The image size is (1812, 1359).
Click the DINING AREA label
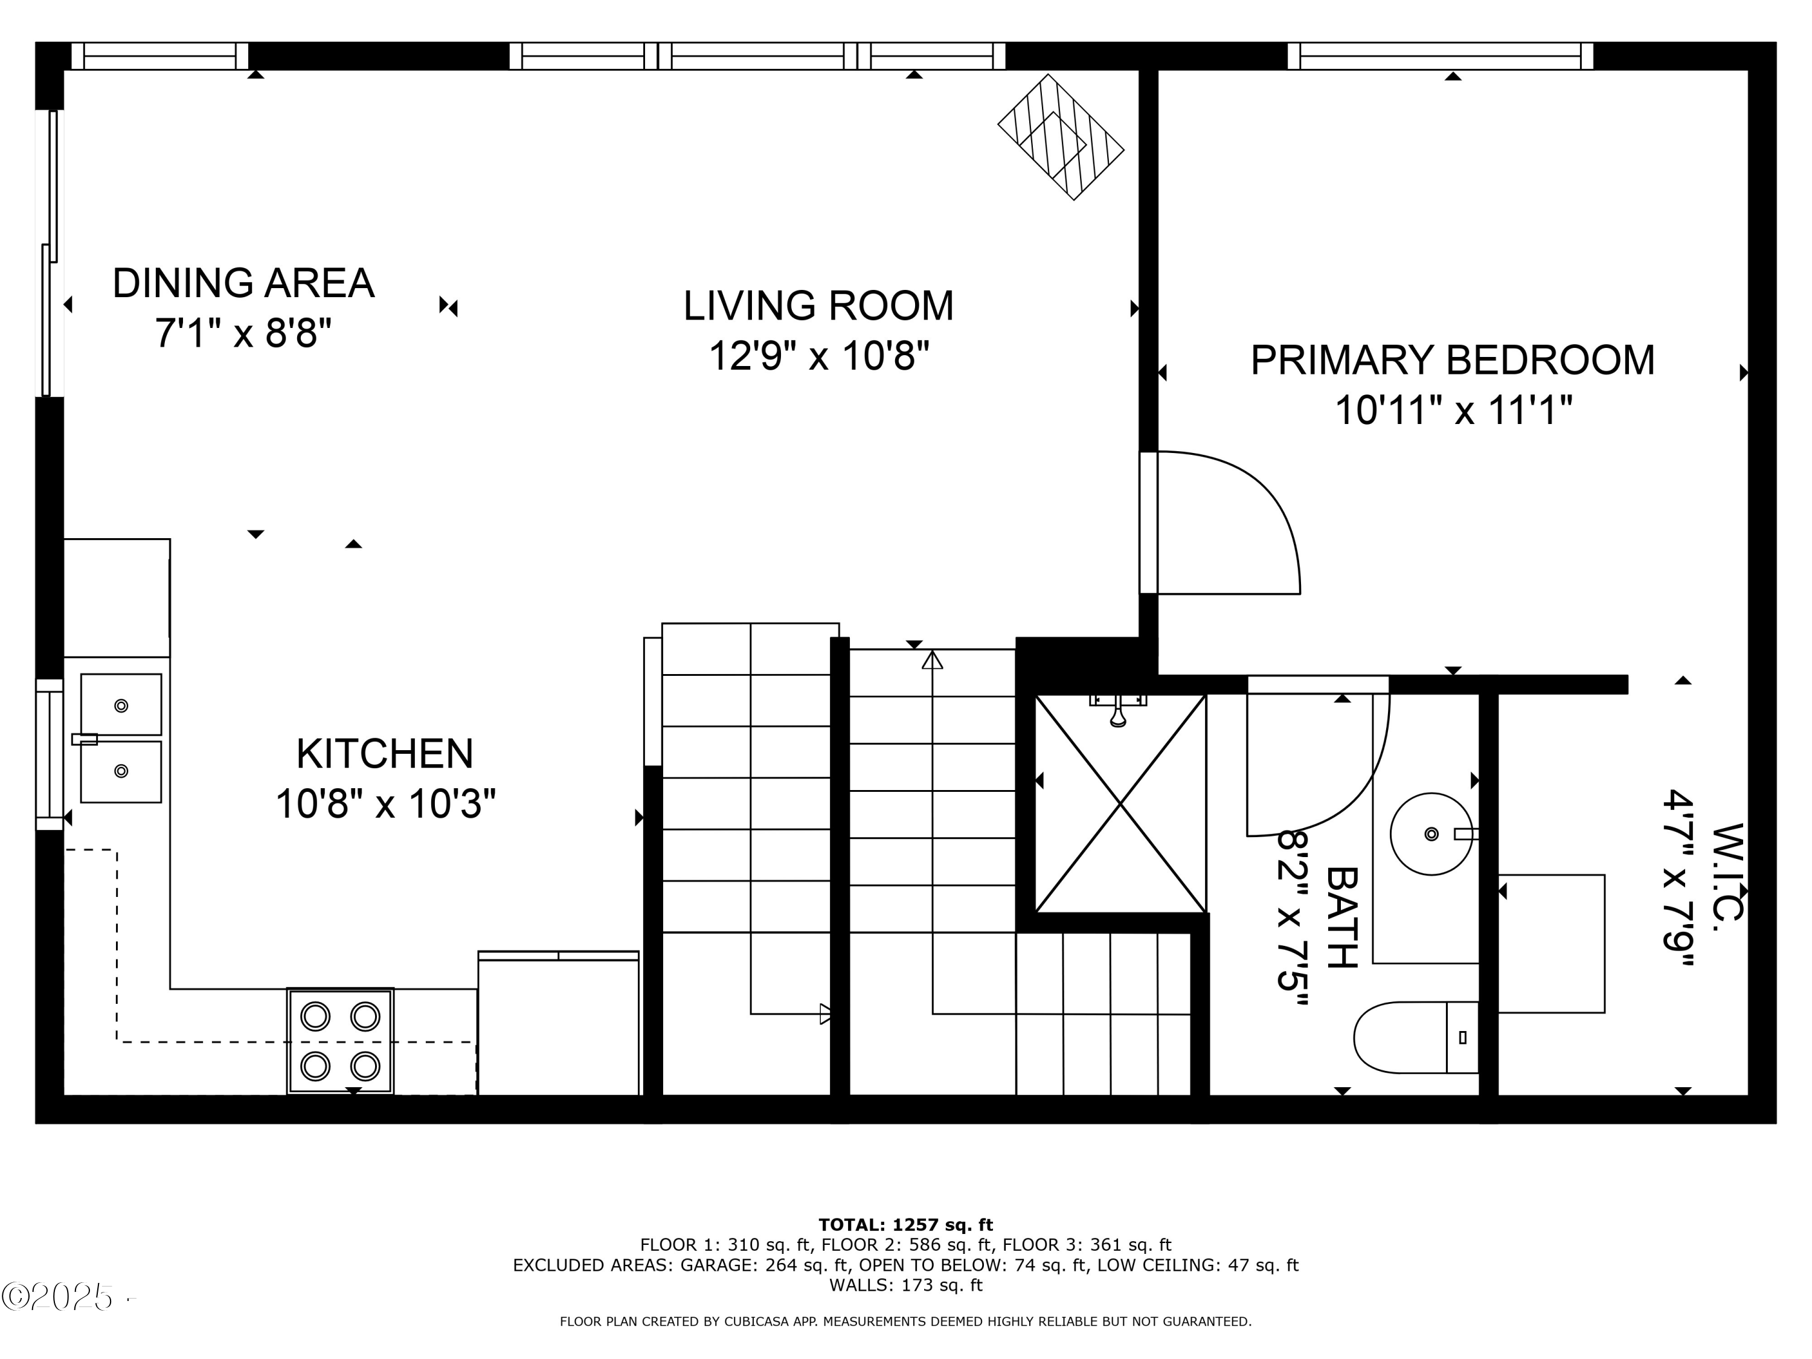[243, 283]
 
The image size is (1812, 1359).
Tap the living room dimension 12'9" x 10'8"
[818, 356]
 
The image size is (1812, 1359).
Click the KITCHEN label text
[384, 754]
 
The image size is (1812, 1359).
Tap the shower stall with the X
[1120, 805]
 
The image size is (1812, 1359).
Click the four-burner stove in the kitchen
[340, 1041]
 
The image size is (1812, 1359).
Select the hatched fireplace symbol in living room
[1061, 137]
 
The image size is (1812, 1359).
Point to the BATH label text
[1342, 917]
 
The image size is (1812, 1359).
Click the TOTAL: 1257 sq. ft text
[905, 1226]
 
